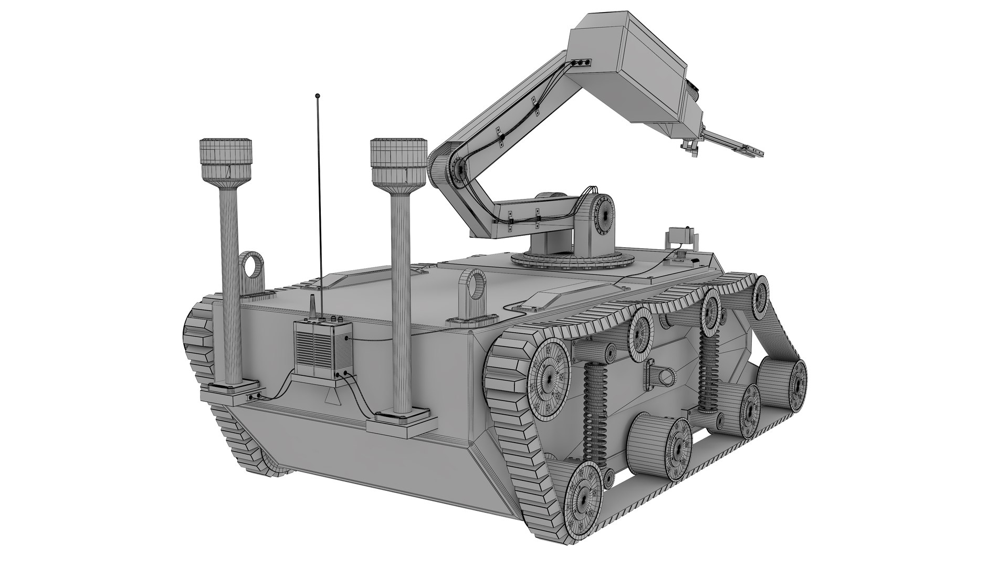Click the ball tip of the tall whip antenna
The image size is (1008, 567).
tap(317, 96)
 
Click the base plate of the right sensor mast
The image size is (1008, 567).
tap(401, 421)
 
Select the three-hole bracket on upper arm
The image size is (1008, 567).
tap(581, 62)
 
